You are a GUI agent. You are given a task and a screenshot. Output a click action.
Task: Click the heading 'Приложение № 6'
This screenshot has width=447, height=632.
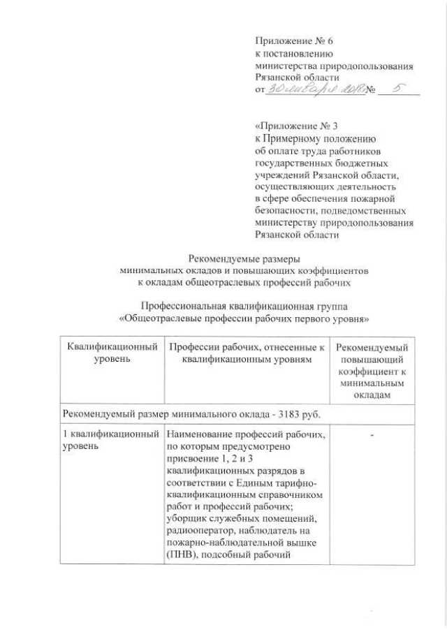pyautogui.click(x=288, y=41)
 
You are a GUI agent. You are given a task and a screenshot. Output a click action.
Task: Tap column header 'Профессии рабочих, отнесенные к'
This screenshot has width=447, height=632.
pyautogui.click(x=247, y=347)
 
